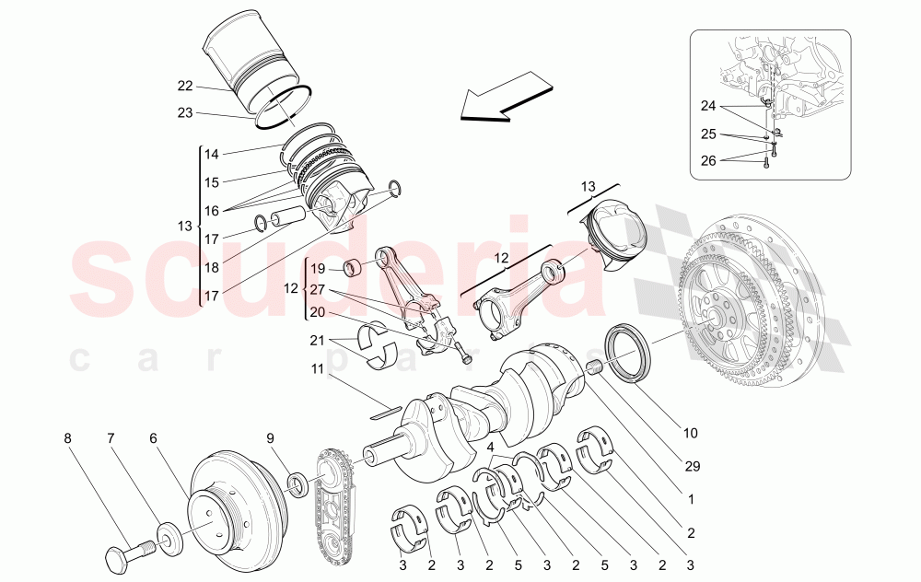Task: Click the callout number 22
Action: click(185, 87)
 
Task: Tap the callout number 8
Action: click(67, 438)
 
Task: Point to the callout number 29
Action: click(692, 467)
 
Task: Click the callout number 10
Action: click(692, 431)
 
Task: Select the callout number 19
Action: click(318, 270)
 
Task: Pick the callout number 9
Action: click(270, 438)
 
